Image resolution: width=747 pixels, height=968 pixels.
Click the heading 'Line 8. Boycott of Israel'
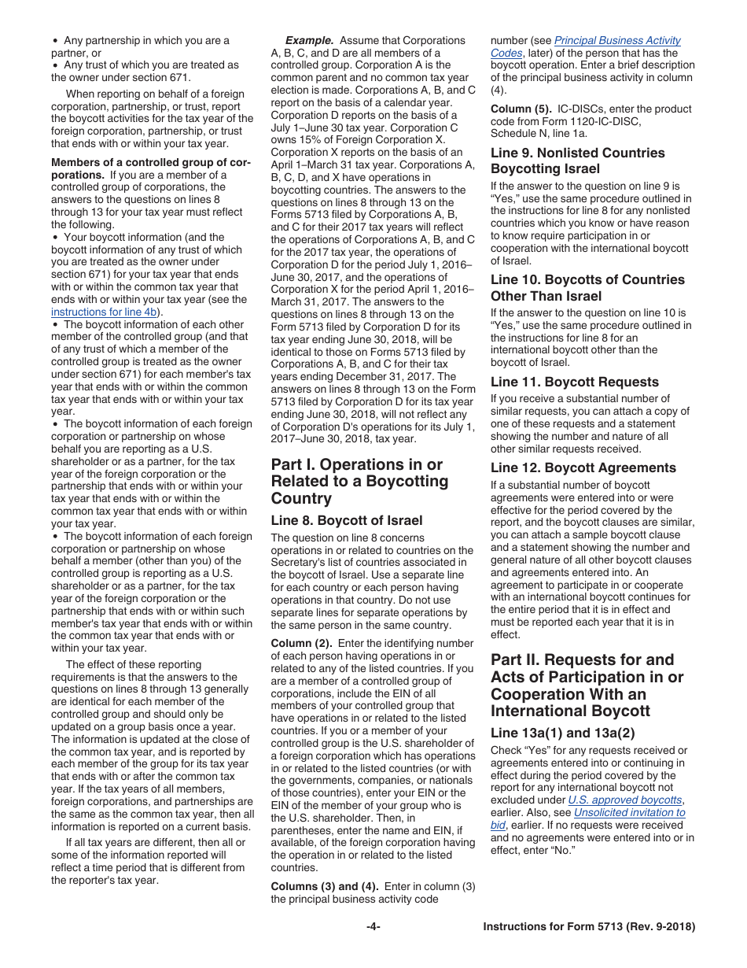click(x=346, y=520)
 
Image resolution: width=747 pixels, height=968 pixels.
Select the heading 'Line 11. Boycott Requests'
click(x=575, y=382)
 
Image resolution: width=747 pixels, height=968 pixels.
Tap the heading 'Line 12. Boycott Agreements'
click(x=583, y=467)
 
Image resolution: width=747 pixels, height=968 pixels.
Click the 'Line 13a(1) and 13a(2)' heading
click(x=562, y=732)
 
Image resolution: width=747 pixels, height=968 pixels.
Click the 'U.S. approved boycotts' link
click(x=624, y=800)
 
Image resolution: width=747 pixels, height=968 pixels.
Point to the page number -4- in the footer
click(x=373, y=926)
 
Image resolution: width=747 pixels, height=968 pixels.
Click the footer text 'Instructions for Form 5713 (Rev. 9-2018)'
click(x=589, y=926)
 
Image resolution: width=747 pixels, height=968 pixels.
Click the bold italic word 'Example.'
click(x=309, y=40)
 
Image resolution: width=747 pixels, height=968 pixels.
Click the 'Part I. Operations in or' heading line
click(x=356, y=464)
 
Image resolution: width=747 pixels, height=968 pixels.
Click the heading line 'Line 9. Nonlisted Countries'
click(x=577, y=153)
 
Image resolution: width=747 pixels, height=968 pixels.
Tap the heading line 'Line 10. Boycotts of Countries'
click(x=587, y=279)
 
